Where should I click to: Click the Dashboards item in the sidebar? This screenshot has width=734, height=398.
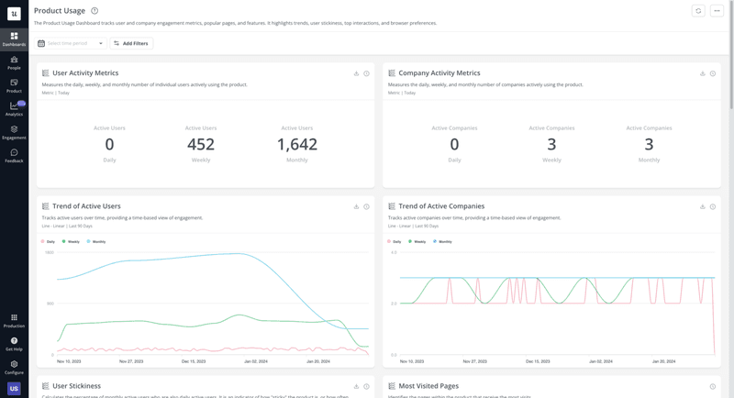[14, 39]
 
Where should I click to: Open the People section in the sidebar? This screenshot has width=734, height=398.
[14, 62]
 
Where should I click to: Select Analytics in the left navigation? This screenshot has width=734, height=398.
[14, 108]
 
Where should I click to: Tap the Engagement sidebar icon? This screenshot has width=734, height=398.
[14, 132]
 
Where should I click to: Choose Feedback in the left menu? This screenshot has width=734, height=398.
[14, 155]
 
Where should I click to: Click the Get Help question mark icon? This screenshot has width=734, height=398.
[14, 342]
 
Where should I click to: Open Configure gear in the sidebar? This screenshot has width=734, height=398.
[14, 366]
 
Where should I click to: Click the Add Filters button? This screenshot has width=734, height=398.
[131, 43]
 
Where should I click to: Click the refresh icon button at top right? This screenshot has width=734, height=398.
[698, 11]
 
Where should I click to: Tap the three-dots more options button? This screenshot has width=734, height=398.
[717, 11]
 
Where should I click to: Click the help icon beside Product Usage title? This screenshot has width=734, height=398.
[95, 11]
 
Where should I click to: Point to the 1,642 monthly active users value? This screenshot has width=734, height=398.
[296, 145]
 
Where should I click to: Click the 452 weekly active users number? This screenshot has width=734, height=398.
[201, 145]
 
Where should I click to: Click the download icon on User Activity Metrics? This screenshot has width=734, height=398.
[356, 73]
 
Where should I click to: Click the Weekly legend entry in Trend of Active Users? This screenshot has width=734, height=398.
[72, 241]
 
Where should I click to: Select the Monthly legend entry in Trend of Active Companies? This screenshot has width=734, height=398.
[442, 241]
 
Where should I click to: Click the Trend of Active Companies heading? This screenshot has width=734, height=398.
[441, 206]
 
